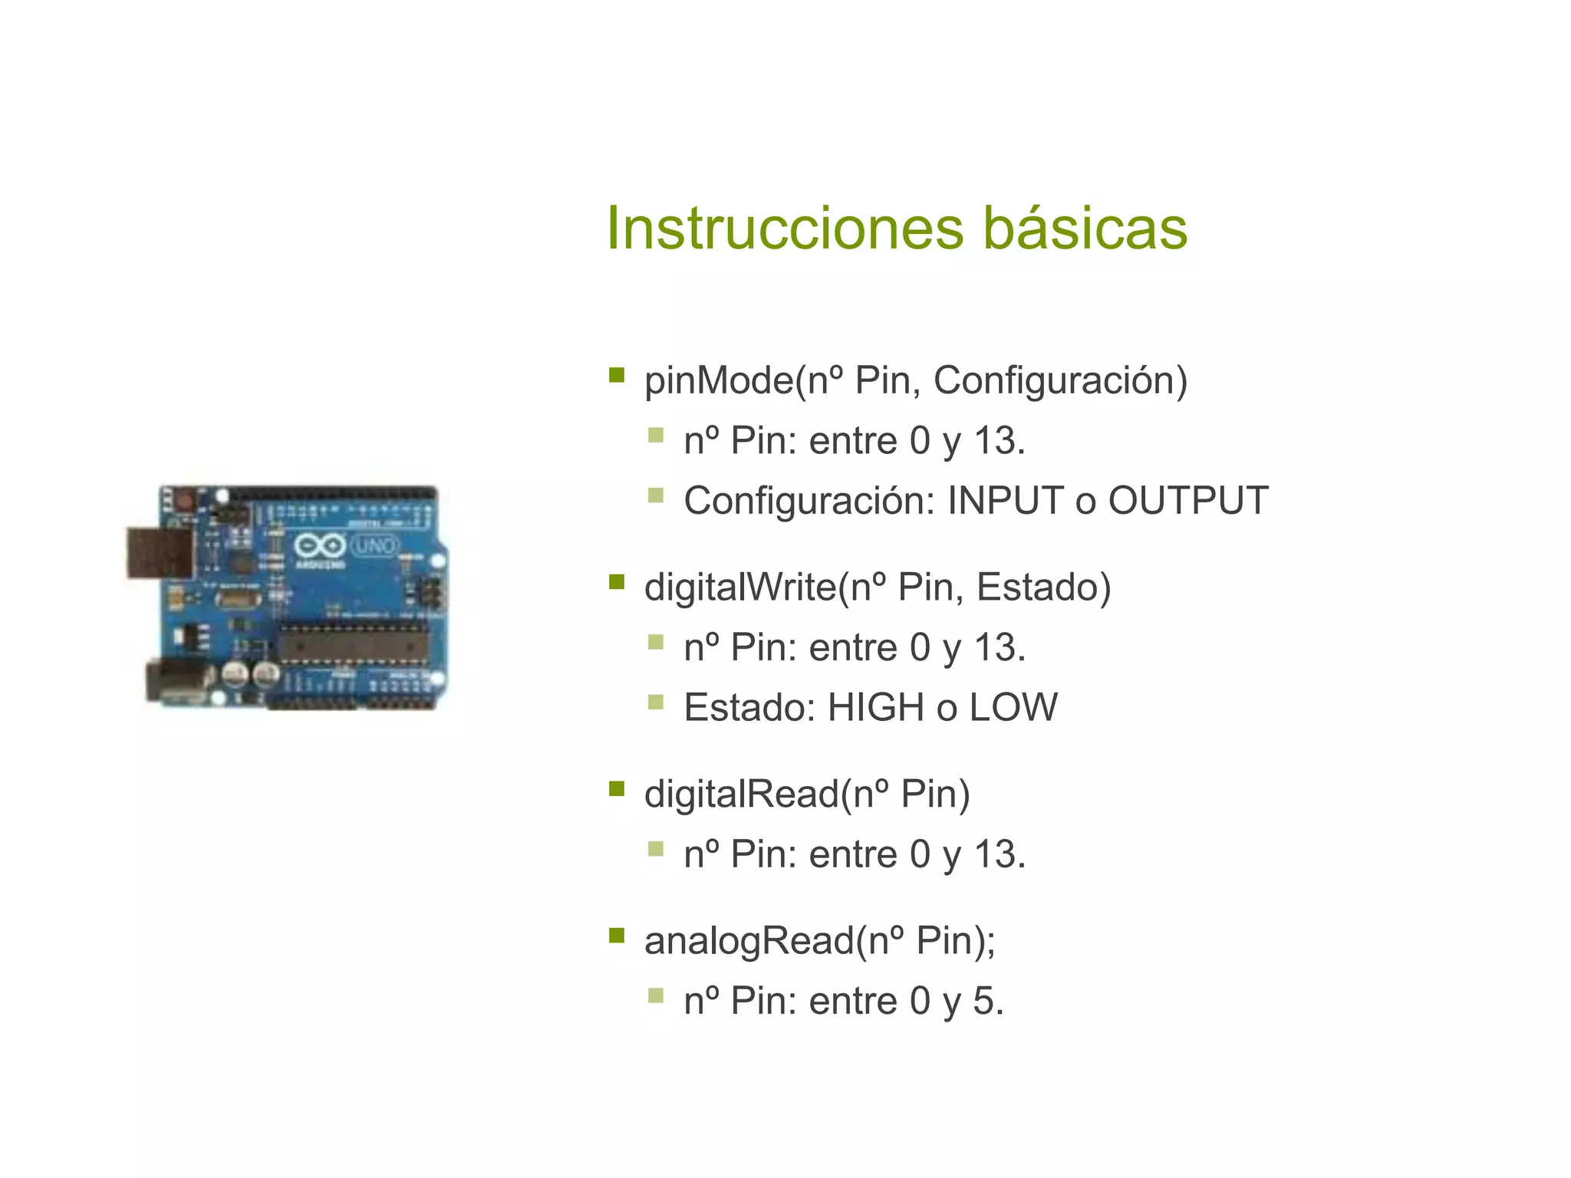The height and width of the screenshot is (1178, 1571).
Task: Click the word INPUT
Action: click(1005, 501)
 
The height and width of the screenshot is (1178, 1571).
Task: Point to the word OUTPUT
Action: click(1187, 501)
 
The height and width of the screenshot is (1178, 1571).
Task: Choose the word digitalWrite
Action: click(740, 587)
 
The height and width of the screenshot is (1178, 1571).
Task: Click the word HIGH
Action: click(875, 707)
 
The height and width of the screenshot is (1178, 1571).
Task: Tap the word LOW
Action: click(1013, 707)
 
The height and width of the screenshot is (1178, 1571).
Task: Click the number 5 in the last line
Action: click(984, 1002)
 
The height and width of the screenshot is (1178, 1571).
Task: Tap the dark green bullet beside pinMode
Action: click(616, 375)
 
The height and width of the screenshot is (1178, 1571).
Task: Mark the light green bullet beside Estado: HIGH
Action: click(655, 702)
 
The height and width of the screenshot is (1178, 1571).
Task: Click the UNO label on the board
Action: click(375, 546)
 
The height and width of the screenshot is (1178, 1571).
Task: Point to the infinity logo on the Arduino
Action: click(320, 546)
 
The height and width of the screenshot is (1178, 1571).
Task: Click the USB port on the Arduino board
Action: click(160, 552)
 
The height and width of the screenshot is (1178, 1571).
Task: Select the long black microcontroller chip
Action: click(352, 643)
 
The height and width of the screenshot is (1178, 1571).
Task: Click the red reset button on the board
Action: click(184, 501)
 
